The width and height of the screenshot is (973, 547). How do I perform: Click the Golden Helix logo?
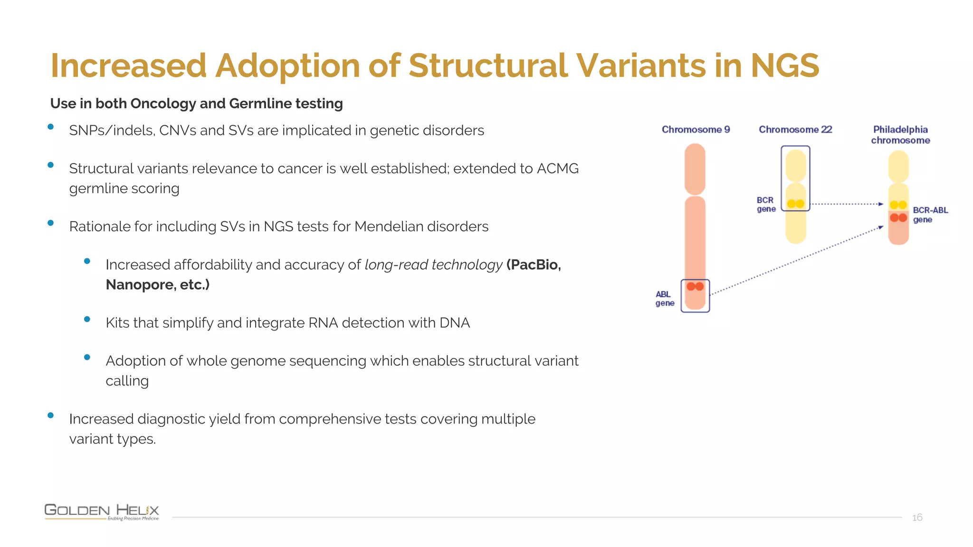click(x=102, y=511)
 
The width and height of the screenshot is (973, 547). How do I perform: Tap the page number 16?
click(x=917, y=518)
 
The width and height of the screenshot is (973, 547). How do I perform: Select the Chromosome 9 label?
click(x=696, y=130)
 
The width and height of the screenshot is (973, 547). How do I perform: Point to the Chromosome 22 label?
click(x=795, y=130)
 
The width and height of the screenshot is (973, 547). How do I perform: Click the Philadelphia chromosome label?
click(x=900, y=135)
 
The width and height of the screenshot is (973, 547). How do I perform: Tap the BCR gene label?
click(x=766, y=205)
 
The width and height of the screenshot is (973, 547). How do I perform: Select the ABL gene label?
click(x=665, y=299)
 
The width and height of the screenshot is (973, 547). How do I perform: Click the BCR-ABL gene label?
click(x=930, y=215)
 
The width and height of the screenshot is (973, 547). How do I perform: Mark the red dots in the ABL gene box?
click(x=695, y=286)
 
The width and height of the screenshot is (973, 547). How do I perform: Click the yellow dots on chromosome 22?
click(x=795, y=204)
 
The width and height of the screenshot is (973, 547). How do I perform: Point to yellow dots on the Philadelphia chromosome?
click(x=898, y=205)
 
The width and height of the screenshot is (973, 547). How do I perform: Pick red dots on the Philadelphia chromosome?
click(x=898, y=217)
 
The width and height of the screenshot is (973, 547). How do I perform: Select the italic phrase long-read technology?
click(x=433, y=264)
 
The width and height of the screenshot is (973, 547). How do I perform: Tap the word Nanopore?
click(x=140, y=284)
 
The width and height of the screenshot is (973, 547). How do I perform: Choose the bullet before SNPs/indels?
click(x=50, y=127)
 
